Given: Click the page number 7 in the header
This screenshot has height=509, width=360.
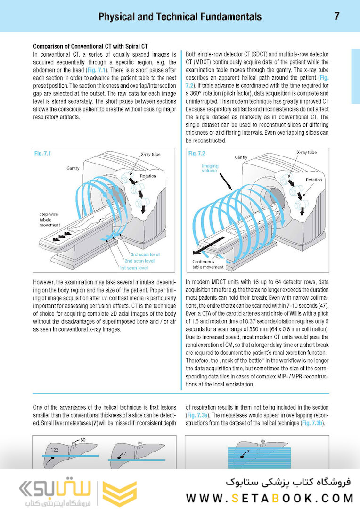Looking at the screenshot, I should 337,16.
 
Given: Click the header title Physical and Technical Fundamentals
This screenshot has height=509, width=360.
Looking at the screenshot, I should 180,17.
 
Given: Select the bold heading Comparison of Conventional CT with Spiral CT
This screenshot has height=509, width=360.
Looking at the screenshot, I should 90,47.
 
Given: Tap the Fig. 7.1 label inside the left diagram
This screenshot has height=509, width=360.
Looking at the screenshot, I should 43,154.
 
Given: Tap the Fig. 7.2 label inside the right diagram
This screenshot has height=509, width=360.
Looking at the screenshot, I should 196,154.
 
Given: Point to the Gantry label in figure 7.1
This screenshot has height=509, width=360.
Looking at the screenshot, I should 73,168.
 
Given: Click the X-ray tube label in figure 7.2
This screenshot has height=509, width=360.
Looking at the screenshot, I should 307,153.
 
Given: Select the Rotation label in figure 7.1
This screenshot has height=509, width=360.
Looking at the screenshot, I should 147,176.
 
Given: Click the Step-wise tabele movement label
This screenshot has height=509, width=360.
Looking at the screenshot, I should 50,219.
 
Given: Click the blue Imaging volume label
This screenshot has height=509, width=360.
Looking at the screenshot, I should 210,168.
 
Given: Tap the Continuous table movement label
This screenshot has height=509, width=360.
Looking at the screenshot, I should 208,264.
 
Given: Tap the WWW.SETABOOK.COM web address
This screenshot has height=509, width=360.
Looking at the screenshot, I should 270,498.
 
